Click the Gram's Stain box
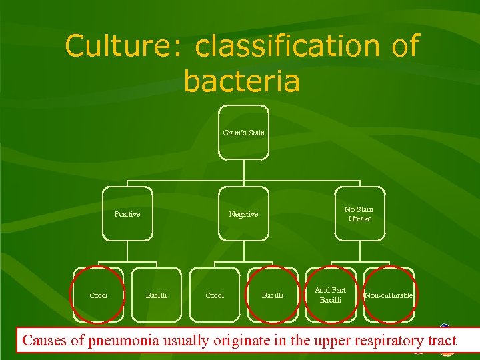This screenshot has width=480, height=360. tap(244, 133)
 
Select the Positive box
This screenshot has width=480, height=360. tap(127, 214)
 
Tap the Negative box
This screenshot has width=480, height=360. tap(244, 214)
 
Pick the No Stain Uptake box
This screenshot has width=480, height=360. tap(359, 214)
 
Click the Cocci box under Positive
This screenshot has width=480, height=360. tap(99, 295)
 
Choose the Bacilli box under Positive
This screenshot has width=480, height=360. tap(156, 295)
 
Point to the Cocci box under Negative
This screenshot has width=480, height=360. tap(215, 295)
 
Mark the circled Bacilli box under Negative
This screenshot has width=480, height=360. tap(272, 295)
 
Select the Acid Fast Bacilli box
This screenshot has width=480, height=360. tap(331, 295)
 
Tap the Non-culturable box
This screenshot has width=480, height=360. tap(389, 295)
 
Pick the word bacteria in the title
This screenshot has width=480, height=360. tap(241, 81)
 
